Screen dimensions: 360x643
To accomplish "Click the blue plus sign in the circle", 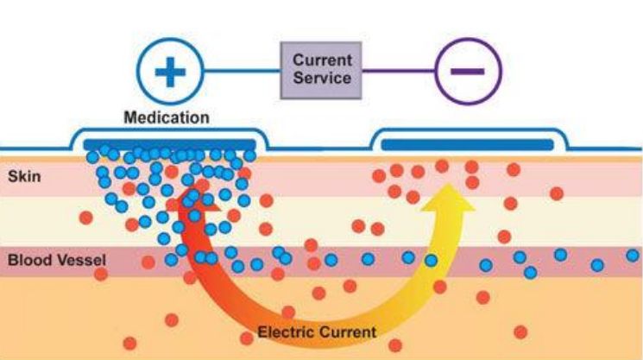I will (169, 73).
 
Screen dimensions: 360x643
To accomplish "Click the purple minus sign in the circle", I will (468, 71).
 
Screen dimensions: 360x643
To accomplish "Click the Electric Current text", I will (317, 332).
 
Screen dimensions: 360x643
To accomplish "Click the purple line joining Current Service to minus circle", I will (401, 71).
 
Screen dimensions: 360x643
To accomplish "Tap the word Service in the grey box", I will (322, 78).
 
